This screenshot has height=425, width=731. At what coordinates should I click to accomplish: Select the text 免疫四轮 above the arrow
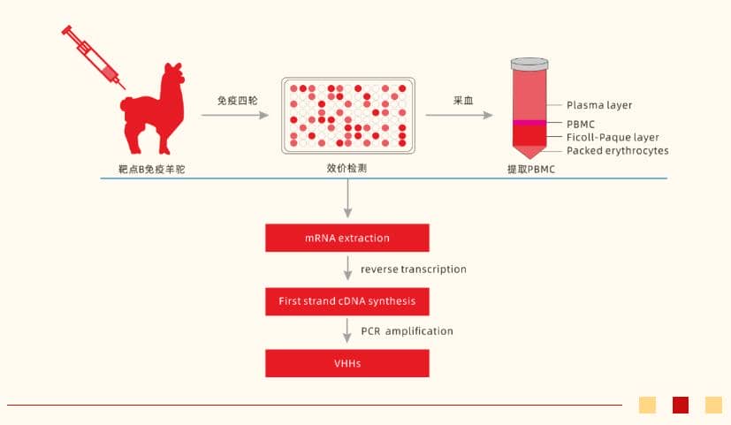point(237,100)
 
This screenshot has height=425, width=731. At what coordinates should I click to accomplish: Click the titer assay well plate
point(346,114)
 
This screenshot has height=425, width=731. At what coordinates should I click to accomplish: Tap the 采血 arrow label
point(463,100)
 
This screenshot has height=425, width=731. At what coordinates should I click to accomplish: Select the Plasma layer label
point(599,105)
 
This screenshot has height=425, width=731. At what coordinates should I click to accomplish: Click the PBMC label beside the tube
point(582,125)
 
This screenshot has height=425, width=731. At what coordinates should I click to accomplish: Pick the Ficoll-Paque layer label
point(613,137)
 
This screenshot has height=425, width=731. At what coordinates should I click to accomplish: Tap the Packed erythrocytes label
point(617,150)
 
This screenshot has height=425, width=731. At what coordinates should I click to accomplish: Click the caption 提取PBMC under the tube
point(531,169)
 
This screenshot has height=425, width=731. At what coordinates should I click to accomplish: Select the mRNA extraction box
point(347,238)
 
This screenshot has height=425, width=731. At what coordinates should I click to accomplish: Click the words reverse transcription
point(413,269)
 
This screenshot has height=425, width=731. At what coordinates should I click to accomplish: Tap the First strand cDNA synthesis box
point(347,300)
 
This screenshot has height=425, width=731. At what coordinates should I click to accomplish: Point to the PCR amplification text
point(407,331)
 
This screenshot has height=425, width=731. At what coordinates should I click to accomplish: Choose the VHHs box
point(347,363)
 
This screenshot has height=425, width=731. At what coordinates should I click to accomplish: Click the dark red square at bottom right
point(681,405)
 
